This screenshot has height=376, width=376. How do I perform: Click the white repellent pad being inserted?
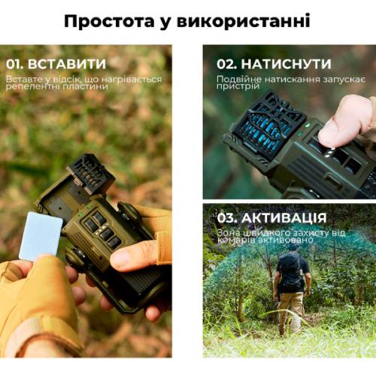coord(40,235)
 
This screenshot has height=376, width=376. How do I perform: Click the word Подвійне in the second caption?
coord(238,78)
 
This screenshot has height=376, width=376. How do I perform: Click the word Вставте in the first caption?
coord(23,78)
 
